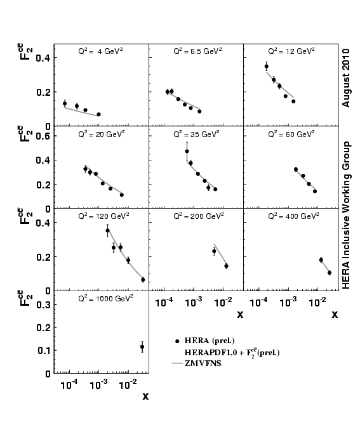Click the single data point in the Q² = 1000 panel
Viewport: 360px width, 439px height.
click(x=142, y=347)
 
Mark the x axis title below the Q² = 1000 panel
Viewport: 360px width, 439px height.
click(x=145, y=397)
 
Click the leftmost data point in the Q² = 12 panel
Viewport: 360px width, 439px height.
click(x=266, y=66)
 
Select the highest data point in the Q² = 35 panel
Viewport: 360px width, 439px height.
click(x=187, y=151)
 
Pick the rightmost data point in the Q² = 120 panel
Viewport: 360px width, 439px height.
click(x=143, y=280)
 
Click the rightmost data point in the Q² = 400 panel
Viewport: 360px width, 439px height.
click(x=330, y=273)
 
